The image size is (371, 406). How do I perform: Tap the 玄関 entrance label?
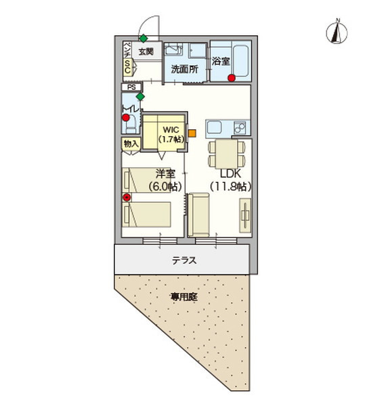[146, 51]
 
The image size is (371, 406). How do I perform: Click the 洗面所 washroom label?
[183, 69]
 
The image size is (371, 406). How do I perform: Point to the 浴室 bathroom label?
[221, 61]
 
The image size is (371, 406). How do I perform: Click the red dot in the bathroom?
[232, 78]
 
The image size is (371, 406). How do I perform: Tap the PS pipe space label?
[131, 87]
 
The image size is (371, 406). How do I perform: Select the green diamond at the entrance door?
[144, 38]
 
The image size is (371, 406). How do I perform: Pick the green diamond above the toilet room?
[140, 96]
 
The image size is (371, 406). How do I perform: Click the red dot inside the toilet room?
[126, 118]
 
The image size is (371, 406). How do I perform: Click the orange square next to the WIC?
[192, 133]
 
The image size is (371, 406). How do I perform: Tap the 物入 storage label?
[131, 143]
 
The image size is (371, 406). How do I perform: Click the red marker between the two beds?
[126, 198]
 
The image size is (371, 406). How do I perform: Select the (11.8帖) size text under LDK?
[230, 186]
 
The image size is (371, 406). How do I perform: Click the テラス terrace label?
[183, 260]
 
